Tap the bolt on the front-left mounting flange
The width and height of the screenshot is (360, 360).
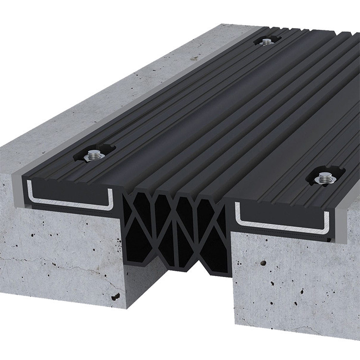pyautogui.click(x=93, y=155)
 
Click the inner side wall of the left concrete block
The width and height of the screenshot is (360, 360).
pyautogui.click(x=130, y=250)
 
